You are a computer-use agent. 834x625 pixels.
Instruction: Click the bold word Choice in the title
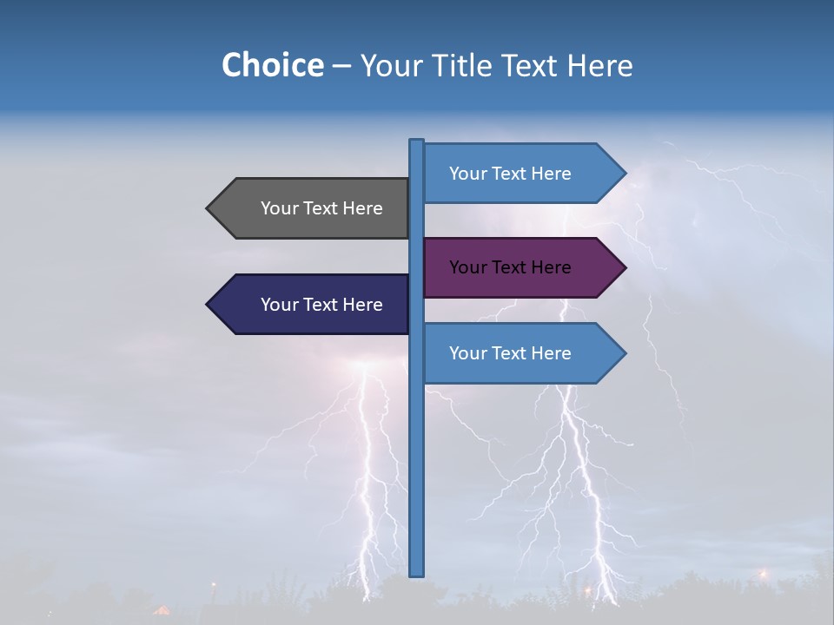(272, 66)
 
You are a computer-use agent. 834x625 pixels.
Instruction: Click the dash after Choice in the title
(341, 67)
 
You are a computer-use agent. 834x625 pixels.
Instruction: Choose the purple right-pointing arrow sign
(513, 267)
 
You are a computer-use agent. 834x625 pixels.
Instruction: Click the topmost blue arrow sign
(513, 174)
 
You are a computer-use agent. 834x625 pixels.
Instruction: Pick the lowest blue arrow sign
(513, 353)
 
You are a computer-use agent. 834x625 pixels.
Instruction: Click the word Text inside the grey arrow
(321, 208)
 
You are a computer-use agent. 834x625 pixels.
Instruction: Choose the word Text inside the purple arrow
(510, 267)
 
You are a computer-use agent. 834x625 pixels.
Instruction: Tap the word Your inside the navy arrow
(279, 305)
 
